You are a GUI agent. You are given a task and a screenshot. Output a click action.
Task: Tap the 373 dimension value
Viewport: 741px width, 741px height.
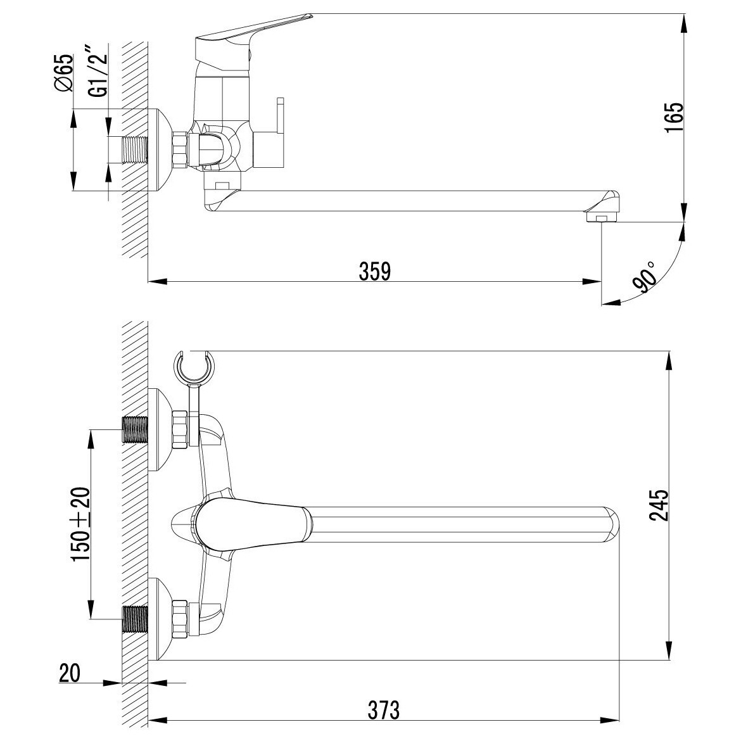[383, 710]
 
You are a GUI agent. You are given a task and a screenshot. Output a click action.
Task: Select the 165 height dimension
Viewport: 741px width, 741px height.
[674, 118]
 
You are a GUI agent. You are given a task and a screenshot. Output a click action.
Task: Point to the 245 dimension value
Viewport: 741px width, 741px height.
[659, 505]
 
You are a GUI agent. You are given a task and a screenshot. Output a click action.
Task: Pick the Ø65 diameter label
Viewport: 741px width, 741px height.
[64, 72]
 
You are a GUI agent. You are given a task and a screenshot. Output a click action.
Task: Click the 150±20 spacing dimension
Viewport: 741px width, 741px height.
[80, 524]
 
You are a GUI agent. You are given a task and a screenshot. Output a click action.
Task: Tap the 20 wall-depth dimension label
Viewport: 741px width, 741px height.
[70, 673]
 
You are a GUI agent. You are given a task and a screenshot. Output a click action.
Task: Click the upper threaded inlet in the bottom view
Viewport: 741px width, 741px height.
[135, 429]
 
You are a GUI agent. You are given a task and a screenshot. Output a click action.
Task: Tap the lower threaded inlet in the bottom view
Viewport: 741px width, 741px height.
[135, 619]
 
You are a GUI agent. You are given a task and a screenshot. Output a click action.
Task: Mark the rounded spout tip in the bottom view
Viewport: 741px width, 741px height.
[611, 524]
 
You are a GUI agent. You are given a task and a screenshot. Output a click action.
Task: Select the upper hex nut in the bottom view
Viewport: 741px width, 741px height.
[180, 429]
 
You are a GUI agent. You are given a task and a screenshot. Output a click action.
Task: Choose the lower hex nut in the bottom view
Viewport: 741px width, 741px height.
[180, 619]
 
